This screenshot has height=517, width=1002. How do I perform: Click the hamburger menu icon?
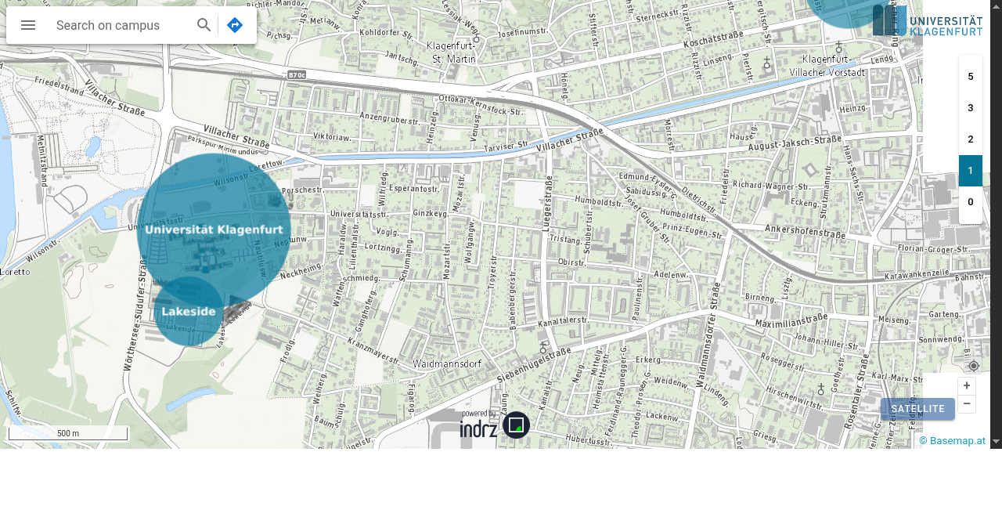tap(28, 25)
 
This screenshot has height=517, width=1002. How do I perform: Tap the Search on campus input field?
tap(117, 25)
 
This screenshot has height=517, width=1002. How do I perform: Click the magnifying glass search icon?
tap(204, 25)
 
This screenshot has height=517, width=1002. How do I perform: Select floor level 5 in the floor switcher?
tap(971, 77)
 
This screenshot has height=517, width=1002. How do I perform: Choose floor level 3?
tap(971, 108)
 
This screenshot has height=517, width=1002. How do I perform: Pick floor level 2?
tap(971, 139)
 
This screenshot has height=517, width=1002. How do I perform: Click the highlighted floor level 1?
tap(971, 171)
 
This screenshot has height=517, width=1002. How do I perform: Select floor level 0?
tap(971, 202)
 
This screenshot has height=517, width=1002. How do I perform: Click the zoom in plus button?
tap(967, 386)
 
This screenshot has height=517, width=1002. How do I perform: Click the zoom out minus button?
tap(967, 403)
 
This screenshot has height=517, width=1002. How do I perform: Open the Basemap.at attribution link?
tap(952, 441)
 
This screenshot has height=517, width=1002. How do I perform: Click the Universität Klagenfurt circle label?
tap(214, 230)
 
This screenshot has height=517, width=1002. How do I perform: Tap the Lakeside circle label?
tap(189, 312)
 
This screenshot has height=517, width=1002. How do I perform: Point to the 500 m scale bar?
tap(68, 433)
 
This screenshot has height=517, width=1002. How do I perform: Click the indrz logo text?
tap(478, 428)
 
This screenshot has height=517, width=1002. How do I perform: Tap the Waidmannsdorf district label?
tap(446, 364)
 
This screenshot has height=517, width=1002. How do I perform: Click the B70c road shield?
tap(296, 75)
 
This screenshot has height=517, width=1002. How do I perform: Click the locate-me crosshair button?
tap(974, 366)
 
